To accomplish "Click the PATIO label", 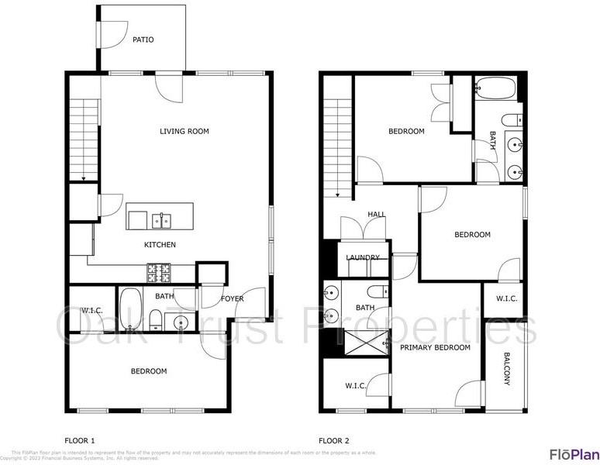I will coord(143,40).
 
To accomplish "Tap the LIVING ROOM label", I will coord(184,132).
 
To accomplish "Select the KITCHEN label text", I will coord(160,245).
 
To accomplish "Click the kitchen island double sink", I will coord(162,221).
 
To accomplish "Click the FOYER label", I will coord(233,298).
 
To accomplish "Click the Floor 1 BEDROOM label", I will coord(148,371).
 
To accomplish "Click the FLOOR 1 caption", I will coord(79,441).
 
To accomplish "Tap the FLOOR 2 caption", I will coord(334,441).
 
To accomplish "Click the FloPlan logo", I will coord(574,454).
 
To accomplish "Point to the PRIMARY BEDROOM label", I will coord(435,347).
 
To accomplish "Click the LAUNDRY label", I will coord(363,258).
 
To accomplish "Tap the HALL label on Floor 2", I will coord(377,215).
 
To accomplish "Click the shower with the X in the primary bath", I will coord(367,342).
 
